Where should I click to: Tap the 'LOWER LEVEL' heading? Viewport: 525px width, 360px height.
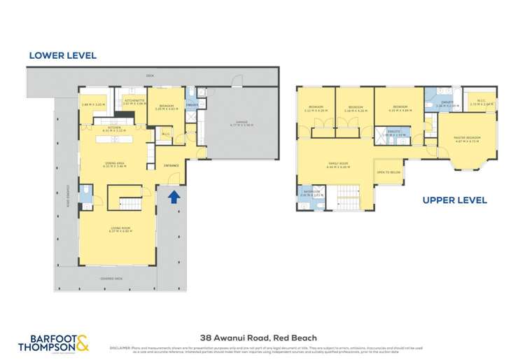pyautogui.click(x=62, y=55)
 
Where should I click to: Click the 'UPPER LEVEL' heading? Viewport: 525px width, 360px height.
pyautogui.click(x=454, y=200)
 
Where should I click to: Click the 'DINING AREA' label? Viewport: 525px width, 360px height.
pyautogui.click(x=115, y=165)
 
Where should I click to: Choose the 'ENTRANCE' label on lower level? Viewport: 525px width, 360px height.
pyautogui.click(x=171, y=165)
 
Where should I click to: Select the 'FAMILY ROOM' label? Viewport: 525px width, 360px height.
pyautogui.click(x=339, y=165)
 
